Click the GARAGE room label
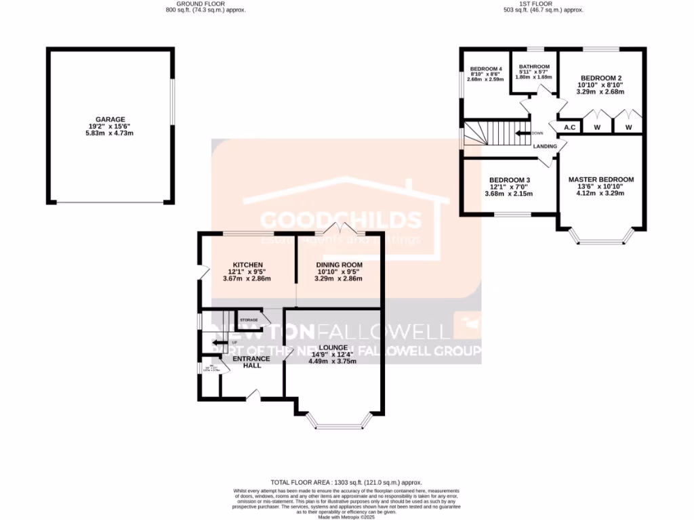tap(110, 119)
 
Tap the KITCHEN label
tap(247, 265)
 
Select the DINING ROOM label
tap(339, 265)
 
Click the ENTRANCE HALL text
tap(251, 362)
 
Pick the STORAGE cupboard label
tap(249, 320)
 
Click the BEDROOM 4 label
tap(486, 69)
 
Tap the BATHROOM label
tap(534, 66)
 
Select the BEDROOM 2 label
tap(600, 78)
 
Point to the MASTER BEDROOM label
tap(601, 179)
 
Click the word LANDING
tap(546, 146)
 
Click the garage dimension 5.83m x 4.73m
tap(110, 133)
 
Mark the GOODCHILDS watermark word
tap(341, 220)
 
